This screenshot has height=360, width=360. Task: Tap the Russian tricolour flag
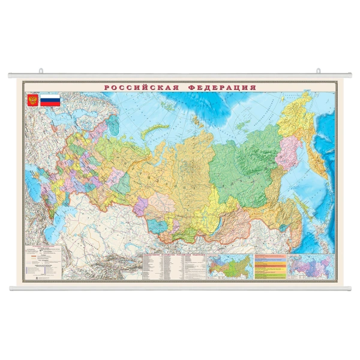[50, 101]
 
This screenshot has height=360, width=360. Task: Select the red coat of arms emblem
[32, 101]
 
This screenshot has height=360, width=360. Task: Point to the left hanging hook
[41, 72]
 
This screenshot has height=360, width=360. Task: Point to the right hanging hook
[319, 72]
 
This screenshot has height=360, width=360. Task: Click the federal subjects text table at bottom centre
[172, 266]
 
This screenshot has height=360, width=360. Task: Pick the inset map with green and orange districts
[229, 266]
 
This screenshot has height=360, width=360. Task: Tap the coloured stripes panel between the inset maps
[271, 266]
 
